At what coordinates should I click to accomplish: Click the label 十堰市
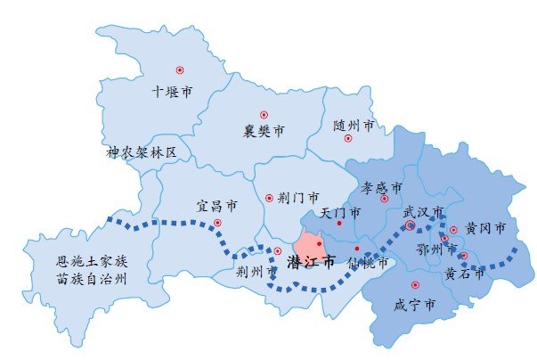(173, 91)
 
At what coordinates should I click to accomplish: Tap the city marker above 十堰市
(179, 70)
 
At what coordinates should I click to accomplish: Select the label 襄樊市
(264, 132)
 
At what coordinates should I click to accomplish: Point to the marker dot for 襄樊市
(264, 114)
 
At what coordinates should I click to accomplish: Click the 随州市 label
(354, 126)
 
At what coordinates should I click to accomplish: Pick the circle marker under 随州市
(348, 139)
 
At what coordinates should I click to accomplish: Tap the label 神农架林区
(142, 153)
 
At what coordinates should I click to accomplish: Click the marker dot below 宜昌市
(217, 223)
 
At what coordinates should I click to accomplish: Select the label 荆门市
(286, 198)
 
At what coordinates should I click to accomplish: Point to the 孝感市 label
(381, 189)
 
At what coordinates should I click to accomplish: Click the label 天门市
(339, 214)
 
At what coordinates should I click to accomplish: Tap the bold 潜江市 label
(312, 263)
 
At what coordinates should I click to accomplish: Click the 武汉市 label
(423, 212)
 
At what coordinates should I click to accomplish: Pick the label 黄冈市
(485, 229)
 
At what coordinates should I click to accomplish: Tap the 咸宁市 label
(414, 305)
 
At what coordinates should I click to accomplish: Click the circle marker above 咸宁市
(415, 285)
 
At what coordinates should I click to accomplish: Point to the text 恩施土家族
(93, 262)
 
